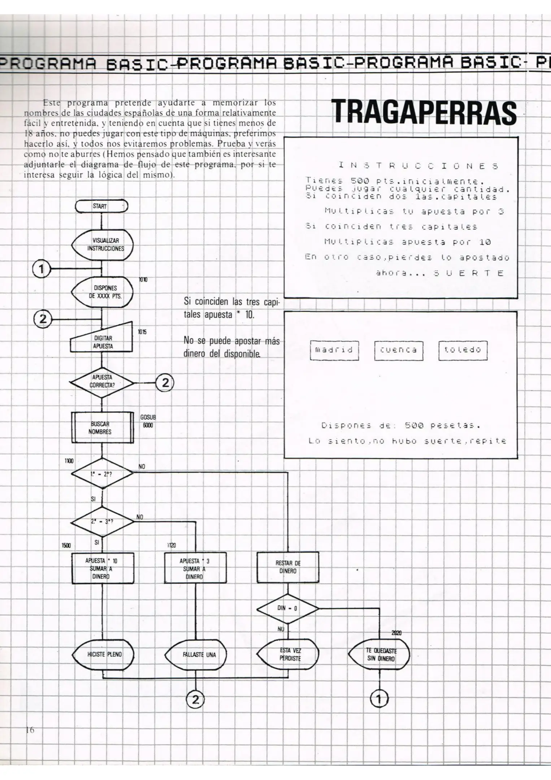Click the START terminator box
pyautogui.click(x=101, y=206)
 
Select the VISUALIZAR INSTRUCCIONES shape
pyautogui.click(x=103, y=245)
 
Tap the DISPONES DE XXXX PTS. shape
pyautogui.click(x=103, y=292)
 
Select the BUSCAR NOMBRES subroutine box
pyautogui.click(x=102, y=428)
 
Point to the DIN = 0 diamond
pyautogui.click(x=287, y=608)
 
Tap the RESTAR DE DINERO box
pyautogui.click(x=288, y=567)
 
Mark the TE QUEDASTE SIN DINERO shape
pyautogui.click(x=379, y=654)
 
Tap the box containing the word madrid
pyautogui.click(x=334, y=350)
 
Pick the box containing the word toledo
pyautogui.click(x=463, y=350)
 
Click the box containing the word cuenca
pyautogui.click(x=398, y=350)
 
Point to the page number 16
pyautogui.click(x=30, y=730)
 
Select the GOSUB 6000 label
pyautogui.click(x=148, y=421)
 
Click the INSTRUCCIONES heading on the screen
pyautogui.click(x=418, y=166)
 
